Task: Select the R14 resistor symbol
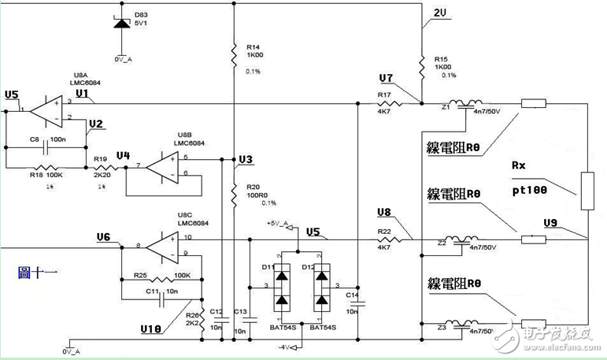pyautogui.click(x=234, y=54)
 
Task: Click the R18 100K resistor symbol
pyautogui.click(x=46, y=168)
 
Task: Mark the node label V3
pyautogui.click(x=246, y=160)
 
